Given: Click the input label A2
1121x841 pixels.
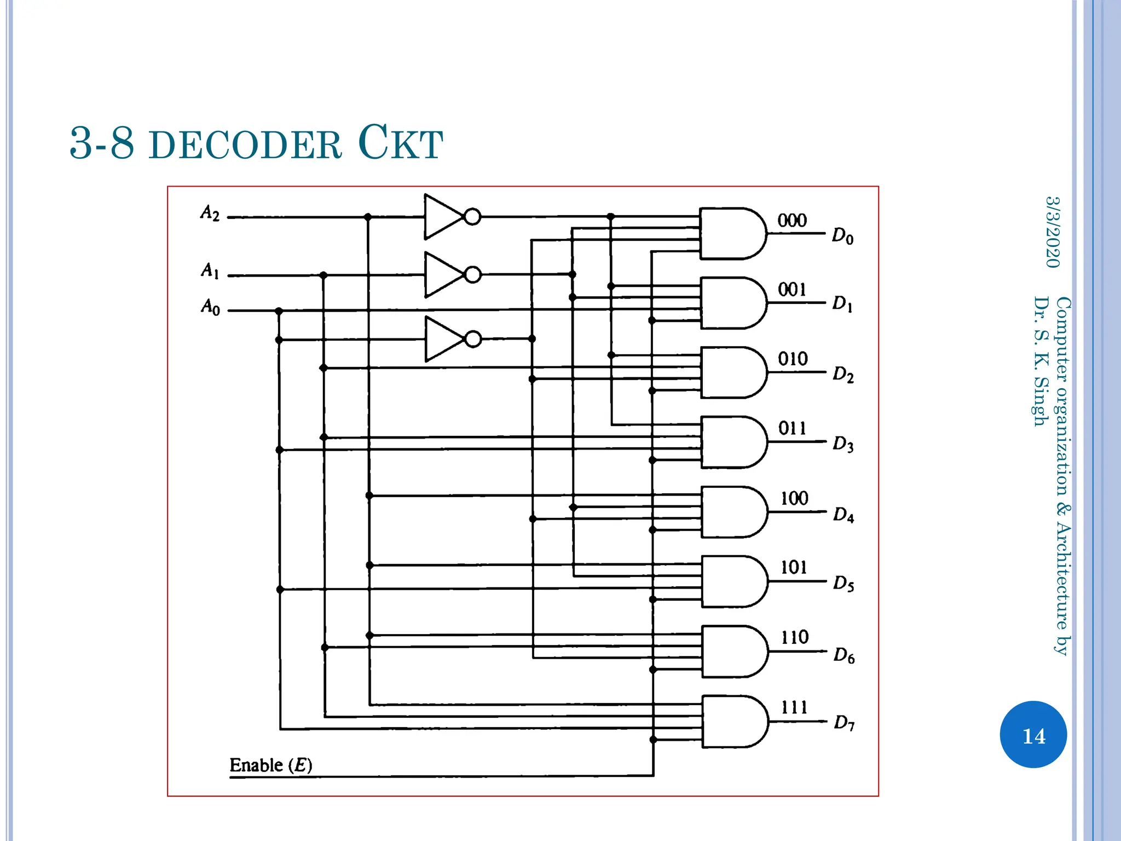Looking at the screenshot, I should [210, 213].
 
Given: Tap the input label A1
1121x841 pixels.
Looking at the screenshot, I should [210, 270].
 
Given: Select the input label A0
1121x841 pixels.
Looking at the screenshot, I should [210, 307].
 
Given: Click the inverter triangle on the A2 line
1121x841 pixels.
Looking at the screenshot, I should [442, 217].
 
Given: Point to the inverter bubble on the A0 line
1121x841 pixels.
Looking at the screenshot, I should [473, 339].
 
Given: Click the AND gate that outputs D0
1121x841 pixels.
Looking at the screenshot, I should [731, 233].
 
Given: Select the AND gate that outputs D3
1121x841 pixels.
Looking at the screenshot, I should [732, 442].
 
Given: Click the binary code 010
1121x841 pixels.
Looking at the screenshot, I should [793, 359].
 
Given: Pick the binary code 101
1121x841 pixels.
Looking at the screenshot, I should [794, 567].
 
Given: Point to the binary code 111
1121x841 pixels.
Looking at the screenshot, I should [794, 707].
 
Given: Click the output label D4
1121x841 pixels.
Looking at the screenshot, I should [843, 515].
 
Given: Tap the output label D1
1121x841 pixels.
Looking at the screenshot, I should [842, 303].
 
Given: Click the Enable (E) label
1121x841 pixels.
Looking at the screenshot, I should [271, 765].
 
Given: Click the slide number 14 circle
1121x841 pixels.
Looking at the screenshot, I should [1033, 735].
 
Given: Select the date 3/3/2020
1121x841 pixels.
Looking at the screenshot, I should [1053, 232].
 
